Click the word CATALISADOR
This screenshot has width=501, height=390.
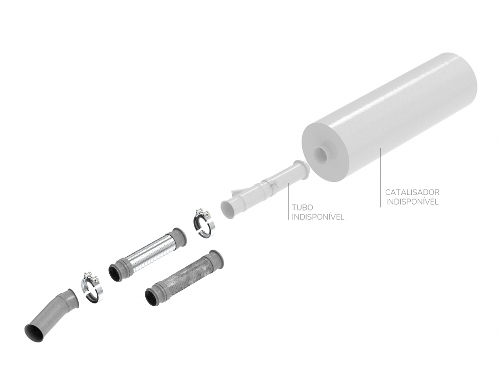(x=412, y=192)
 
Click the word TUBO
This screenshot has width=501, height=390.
(x=302, y=208)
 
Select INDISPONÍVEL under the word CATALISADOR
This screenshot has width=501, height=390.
(x=412, y=202)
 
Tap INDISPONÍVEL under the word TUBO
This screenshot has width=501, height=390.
(x=318, y=217)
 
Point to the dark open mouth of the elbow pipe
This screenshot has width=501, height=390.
(x=35, y=334)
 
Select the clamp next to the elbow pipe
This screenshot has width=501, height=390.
(x=92, y=288)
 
